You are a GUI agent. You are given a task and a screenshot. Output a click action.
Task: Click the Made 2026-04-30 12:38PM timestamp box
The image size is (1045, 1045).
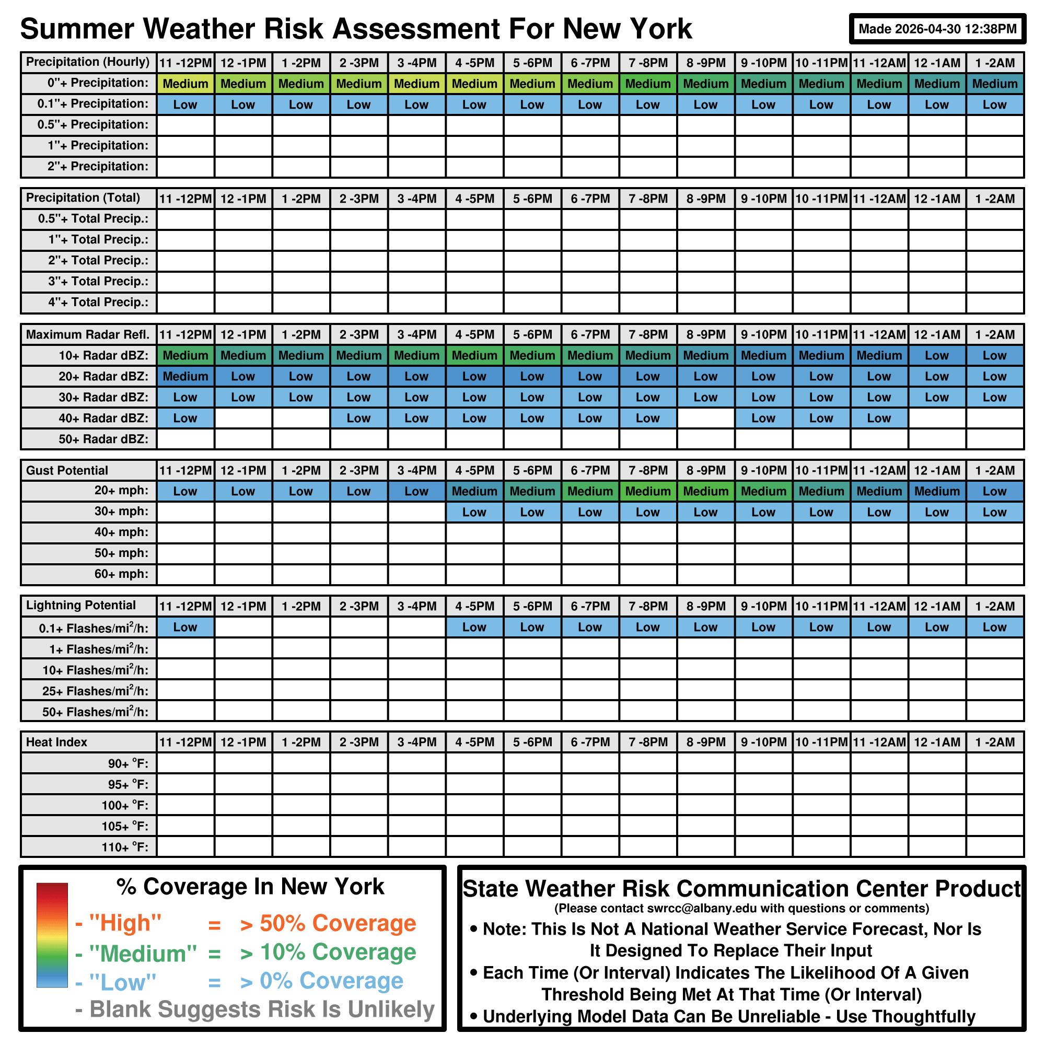pos(937,29)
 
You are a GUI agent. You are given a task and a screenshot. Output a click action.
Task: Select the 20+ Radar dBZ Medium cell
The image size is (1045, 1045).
pos(185,376)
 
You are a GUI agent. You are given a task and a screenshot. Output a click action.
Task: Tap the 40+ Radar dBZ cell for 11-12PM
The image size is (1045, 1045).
pos(185,418)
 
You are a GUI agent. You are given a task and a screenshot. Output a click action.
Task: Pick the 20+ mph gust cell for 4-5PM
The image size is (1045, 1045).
pos(474,491)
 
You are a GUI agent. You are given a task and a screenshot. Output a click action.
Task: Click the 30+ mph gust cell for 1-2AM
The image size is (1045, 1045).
pos(994,512)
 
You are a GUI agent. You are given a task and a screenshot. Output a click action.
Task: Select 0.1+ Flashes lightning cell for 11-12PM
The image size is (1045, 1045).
pos(185,628)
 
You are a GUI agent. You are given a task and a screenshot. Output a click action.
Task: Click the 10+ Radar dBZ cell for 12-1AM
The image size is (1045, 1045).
pos(936,355)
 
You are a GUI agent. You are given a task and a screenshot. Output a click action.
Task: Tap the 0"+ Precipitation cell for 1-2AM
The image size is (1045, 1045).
pos(994,84)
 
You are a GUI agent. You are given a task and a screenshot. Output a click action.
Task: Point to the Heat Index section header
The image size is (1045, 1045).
pos(57,742)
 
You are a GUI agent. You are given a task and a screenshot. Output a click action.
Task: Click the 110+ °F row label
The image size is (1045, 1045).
pos(125,847)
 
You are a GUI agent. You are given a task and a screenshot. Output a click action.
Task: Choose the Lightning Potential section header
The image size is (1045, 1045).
pos(81,606)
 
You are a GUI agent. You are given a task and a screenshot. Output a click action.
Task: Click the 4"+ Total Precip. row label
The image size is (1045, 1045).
pos(98,303)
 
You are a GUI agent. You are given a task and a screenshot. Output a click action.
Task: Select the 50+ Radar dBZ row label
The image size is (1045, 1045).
pos(103,439)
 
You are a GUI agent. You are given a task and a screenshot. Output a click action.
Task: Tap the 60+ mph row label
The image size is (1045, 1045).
pos(121,574)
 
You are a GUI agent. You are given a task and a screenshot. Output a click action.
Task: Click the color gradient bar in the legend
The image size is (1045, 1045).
pos(52,935)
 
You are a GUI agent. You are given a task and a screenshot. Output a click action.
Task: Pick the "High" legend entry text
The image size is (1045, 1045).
pos(125,923)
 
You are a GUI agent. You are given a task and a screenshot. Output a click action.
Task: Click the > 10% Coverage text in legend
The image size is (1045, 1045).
pos(328,952)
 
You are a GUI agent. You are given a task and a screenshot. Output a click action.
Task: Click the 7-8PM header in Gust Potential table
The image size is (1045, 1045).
pos(647,471)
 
